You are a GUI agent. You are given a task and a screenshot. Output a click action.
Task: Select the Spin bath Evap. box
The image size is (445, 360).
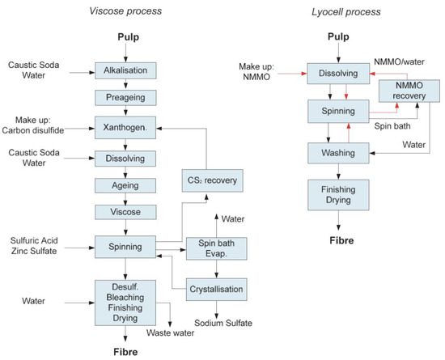tap(215, 248)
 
